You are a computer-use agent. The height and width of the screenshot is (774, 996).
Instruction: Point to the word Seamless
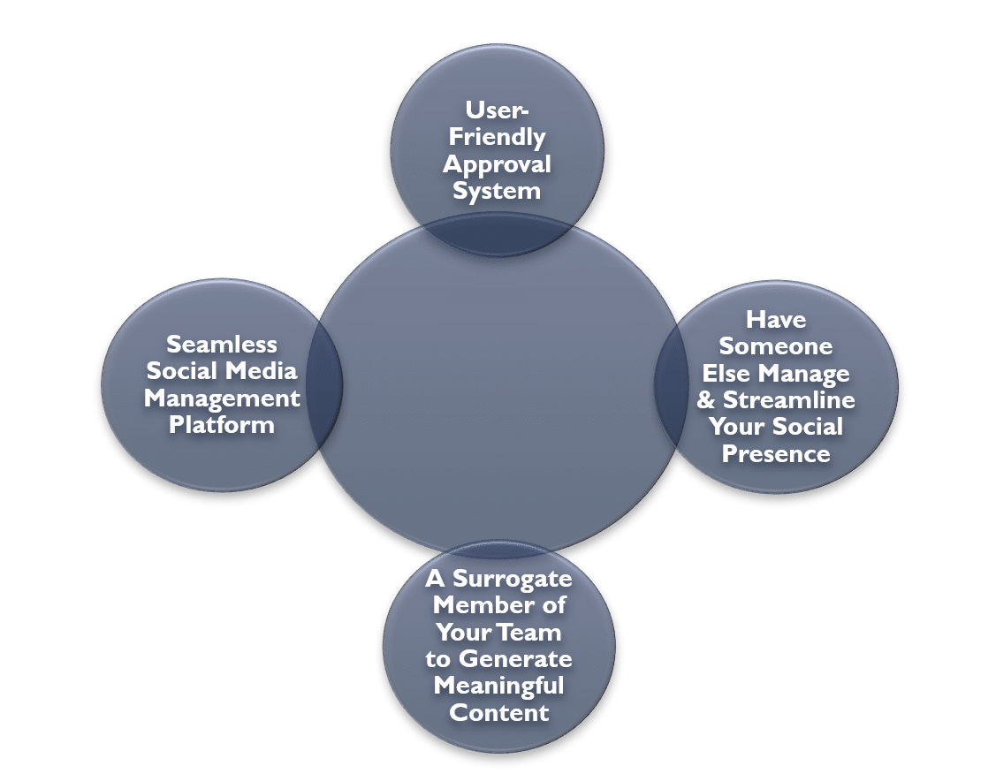point(222,344)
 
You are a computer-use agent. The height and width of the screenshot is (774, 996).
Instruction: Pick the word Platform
point(222,424)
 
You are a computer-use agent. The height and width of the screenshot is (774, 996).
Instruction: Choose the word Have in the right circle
point(776,319)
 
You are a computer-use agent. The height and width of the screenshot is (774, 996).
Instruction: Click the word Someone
point(776,345)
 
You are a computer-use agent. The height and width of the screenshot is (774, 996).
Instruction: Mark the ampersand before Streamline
point(706,400)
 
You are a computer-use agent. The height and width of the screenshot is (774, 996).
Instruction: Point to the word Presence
point(776,454)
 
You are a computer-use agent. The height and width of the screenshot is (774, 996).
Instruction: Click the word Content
point(499,712)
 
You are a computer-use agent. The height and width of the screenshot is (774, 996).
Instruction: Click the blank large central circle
point(496,389)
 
